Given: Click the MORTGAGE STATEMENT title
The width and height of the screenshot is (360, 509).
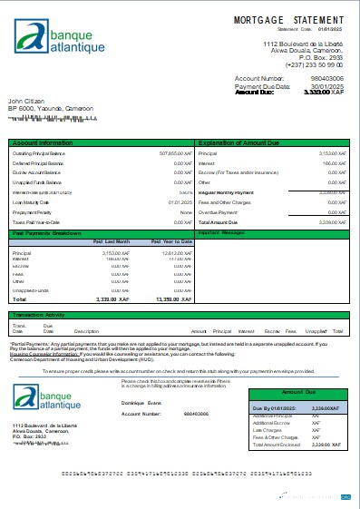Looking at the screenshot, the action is [x=286, y=18].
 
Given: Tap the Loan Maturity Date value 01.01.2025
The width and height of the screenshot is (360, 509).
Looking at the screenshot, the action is [x=177, y=202].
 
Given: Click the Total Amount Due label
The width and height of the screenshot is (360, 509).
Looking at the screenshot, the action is [x=218, y=221].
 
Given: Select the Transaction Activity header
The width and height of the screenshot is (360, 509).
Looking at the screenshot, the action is [x=42, y=315].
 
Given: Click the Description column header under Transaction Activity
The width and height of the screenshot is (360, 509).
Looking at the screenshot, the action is [x=86, y=332].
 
